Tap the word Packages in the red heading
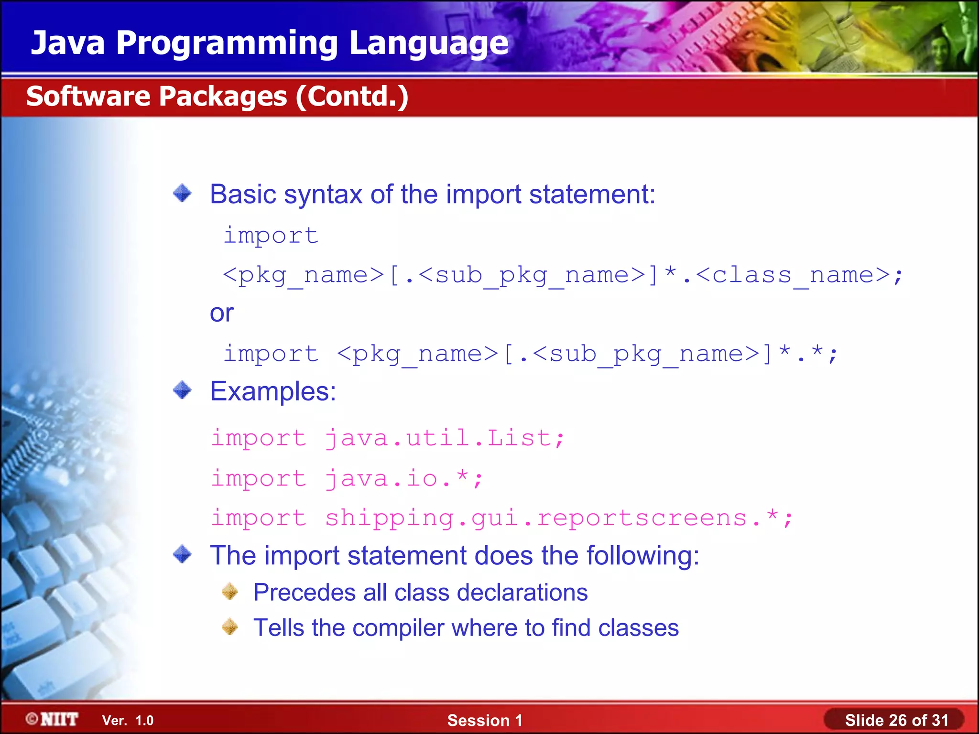223,97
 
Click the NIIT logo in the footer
52,719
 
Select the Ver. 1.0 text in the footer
128,720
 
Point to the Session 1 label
485,720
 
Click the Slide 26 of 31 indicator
896,720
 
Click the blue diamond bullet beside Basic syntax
182,194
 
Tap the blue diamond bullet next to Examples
182,390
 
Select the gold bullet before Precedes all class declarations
230,592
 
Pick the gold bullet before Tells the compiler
230,627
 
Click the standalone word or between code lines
222,313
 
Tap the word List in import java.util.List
519,438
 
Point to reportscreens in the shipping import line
642,518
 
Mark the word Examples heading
273,391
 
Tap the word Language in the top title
429,43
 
